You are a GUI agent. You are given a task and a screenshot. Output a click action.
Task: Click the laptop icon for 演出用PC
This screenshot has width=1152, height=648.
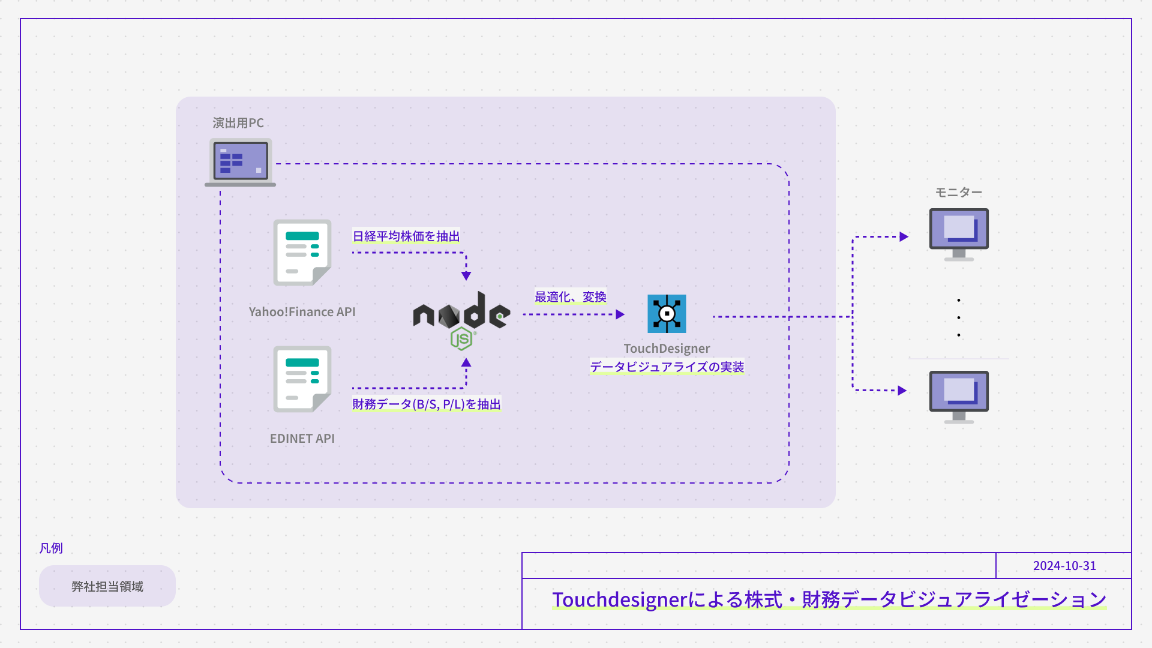pyautogui.click(x=240, y=162)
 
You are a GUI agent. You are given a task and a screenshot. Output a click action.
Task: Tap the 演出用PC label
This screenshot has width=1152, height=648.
pyautogui.click(x=238, y=123)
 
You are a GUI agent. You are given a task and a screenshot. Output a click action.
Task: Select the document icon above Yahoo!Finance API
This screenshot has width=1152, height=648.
pyautogui.click(x=302, y=252)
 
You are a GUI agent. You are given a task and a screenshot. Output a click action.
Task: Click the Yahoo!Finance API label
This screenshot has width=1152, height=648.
pyautogui.click(x=302, y=312)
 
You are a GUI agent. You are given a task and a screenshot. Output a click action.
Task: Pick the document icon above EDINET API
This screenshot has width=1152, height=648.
pyautogui.click(x=302, y=379)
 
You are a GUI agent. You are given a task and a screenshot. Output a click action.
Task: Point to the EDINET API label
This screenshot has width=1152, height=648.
pyautogui.click(x=302, y=439)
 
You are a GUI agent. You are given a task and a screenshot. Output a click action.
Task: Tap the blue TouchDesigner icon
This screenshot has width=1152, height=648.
pyautogui.click(x=667, y=314)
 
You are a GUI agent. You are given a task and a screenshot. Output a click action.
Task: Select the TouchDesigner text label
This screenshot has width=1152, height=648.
pyautogui.click(x=667, y=349)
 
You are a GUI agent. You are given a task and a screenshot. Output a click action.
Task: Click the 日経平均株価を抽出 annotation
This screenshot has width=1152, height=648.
pyautogui.click(x=406, y=236)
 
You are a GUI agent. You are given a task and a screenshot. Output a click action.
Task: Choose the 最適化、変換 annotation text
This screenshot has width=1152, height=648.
pyautogui.click(x=570, y=297)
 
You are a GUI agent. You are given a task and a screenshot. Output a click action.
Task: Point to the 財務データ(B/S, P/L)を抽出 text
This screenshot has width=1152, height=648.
pyautogui.click(x=426, y=404)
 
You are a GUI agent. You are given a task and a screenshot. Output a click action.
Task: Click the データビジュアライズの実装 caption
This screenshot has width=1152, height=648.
pyautogui.click(x=667, y=367)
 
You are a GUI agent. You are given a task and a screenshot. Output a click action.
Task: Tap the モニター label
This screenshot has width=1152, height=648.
pyautogui.click(x=958, y=193)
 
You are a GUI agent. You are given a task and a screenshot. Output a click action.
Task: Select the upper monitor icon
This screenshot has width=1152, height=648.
pyautogui.click(x=959, y=234)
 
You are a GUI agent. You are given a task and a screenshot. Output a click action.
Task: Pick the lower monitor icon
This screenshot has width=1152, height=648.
pyautogui.click(x=959, y=397)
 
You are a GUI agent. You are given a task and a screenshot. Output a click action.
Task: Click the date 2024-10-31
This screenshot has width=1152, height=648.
pyautogui.click(x=1064, y=566)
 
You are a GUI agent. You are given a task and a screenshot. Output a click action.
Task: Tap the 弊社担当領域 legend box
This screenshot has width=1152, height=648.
pyautogui.click(x=107, y=586)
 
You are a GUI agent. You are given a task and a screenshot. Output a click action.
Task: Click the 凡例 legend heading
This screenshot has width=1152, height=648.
pyautogui.click(x=51, y=548)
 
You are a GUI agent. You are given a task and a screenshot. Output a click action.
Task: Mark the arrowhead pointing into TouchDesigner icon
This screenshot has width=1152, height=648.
pyautogui.click(x=620, y=314)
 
